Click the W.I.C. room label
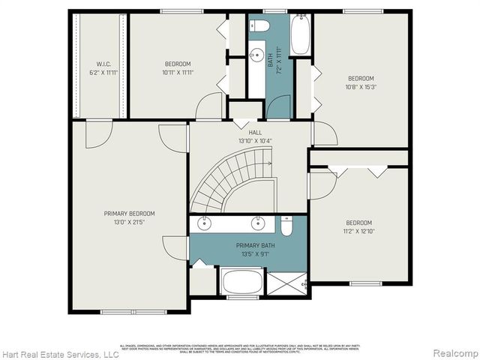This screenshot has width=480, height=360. (103, 64)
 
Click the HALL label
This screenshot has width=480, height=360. (244, 132)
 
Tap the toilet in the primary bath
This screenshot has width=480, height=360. (286, 225)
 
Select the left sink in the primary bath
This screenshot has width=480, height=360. (204, 223)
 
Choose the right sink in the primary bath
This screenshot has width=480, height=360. (257, 223)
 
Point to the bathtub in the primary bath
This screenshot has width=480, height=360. (241, 283)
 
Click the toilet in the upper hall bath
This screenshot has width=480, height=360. (259, 26)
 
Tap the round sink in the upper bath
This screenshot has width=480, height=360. (256, 54)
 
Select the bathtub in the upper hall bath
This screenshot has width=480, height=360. (300, 35)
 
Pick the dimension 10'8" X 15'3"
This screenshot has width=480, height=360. (360, 87)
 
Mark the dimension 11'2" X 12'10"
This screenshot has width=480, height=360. (359, 232)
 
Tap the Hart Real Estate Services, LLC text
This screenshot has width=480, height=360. (60, 353)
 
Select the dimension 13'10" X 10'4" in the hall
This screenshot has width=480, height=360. (244, 140)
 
